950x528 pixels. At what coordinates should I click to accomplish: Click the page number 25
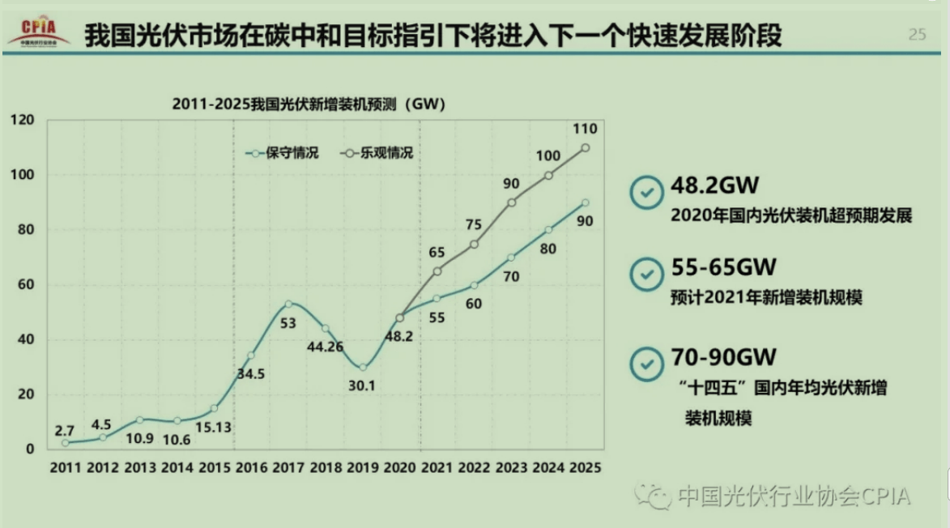[917, 34]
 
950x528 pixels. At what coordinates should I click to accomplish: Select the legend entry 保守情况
[283, 152]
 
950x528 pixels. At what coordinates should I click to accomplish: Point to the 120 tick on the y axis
[23, 121]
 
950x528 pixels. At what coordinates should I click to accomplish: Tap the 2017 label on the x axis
[288, 468]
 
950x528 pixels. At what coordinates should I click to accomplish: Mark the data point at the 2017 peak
[288, 304]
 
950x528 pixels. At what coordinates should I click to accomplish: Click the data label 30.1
[362, 386]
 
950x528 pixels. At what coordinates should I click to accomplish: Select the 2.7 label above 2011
[64, 430]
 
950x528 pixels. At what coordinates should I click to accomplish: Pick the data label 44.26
[326, 347]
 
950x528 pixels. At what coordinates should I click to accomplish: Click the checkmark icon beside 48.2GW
[646, 194]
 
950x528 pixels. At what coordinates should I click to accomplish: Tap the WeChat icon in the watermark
[653, 495]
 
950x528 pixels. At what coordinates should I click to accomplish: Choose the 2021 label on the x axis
[437, 468]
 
